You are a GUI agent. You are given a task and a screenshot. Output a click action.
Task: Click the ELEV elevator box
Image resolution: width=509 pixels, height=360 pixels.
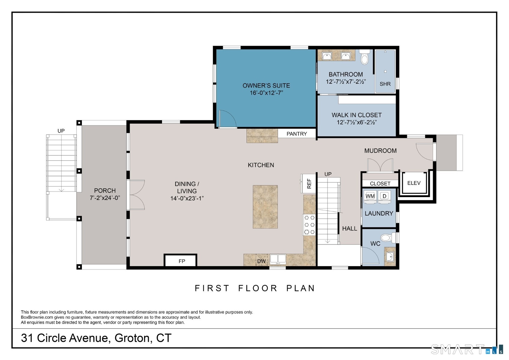click(414, 183)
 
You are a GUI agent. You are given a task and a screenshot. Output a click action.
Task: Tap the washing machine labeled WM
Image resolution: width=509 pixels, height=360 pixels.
click(370, 196)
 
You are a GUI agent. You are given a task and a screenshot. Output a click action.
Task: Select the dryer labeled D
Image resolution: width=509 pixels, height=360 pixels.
click(385, 196)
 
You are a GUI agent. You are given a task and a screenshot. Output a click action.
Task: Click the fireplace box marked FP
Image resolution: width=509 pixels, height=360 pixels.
click(181, 260)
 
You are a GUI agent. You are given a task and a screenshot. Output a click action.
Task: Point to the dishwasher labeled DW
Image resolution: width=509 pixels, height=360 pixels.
click(262, 260)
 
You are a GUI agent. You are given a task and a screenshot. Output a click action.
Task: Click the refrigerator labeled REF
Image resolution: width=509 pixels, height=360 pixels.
click(308, 184)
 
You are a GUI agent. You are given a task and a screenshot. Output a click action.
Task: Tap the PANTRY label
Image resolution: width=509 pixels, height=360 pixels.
click(297, 134)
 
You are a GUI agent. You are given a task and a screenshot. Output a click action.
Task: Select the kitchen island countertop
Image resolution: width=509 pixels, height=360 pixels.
click(265, 207)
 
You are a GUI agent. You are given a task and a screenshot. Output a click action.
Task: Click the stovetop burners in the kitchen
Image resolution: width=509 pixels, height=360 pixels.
click(309, 224)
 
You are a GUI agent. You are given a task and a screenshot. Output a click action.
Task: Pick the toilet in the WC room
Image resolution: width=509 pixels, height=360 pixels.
click(388, 238)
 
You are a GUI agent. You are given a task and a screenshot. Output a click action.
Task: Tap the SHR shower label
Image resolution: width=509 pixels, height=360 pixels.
click(385, 84)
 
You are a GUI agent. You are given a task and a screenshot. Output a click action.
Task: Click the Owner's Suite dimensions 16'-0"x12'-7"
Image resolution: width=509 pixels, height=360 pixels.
click(266, 93)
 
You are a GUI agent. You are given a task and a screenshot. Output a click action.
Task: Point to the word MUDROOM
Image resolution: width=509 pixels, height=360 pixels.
click(380, 151)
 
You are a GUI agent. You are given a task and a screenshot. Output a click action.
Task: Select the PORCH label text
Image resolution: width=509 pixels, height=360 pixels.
click(105, 190)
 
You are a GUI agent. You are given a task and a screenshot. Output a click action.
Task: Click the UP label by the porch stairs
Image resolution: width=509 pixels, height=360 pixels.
click(61, 131)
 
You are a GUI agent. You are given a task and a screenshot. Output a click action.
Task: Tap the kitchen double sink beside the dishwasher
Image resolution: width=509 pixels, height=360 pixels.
click(278, 259)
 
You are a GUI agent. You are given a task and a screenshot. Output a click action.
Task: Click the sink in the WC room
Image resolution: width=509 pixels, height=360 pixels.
click(390, 257)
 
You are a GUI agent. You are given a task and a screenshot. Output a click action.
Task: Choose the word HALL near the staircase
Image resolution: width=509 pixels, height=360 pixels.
click(350, 229)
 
